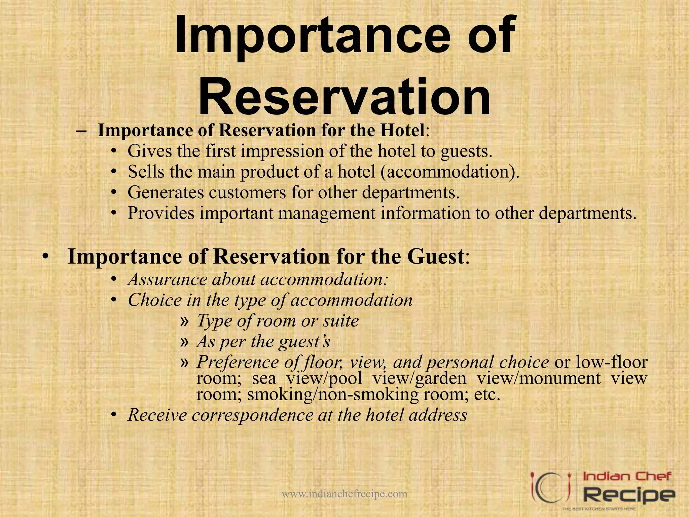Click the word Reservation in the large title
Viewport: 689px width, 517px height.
(344, 97)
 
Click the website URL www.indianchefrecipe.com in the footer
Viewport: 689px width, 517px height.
(344, 494)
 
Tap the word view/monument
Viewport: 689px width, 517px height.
(539, 378)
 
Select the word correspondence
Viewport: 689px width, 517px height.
(252, 415)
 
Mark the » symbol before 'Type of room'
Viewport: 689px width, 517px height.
(184, 321)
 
